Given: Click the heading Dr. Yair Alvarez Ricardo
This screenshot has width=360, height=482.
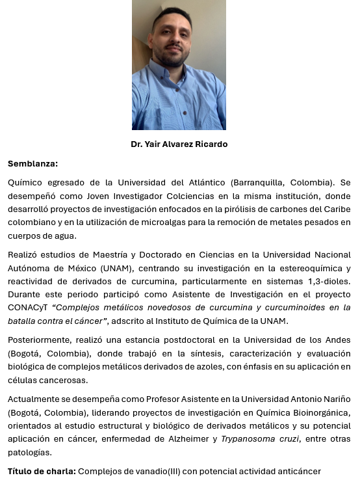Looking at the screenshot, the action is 179,144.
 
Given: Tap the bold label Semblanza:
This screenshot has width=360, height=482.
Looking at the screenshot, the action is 32,163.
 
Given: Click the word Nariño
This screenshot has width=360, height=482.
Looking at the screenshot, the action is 335,399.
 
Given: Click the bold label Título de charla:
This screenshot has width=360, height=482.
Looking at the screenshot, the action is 42,470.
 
